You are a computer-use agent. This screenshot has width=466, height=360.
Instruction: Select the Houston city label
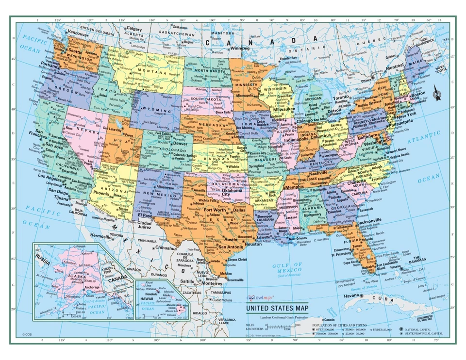[253, 244]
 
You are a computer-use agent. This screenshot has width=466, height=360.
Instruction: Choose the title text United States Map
[277, 308]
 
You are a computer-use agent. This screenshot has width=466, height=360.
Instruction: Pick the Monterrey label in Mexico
[212, 283]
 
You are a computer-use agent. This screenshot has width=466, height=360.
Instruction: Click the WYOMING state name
[155, 111]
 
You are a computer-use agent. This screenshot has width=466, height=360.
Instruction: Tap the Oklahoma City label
[232, 193]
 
